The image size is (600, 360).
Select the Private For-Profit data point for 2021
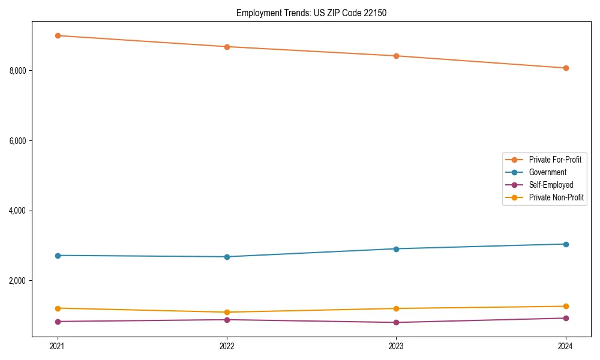(58, 35)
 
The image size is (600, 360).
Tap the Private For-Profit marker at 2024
(566, 68)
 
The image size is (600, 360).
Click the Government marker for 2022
(227, 257)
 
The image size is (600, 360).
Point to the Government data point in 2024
(566, 244)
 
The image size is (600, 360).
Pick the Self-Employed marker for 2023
(396, 322)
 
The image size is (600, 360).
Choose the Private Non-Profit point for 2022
(227, 312)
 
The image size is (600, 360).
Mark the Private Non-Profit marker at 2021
(58, 308)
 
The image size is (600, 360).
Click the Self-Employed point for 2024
(566, 318)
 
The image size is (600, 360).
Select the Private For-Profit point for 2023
(396, 56)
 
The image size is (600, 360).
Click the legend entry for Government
(547, 172)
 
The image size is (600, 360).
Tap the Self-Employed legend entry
(551, 185)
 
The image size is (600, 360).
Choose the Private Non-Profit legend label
(556, 197)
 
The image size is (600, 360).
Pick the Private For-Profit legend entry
(554, 160)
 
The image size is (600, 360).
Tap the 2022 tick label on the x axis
(227, 346)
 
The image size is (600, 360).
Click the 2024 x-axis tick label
(566, 346)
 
